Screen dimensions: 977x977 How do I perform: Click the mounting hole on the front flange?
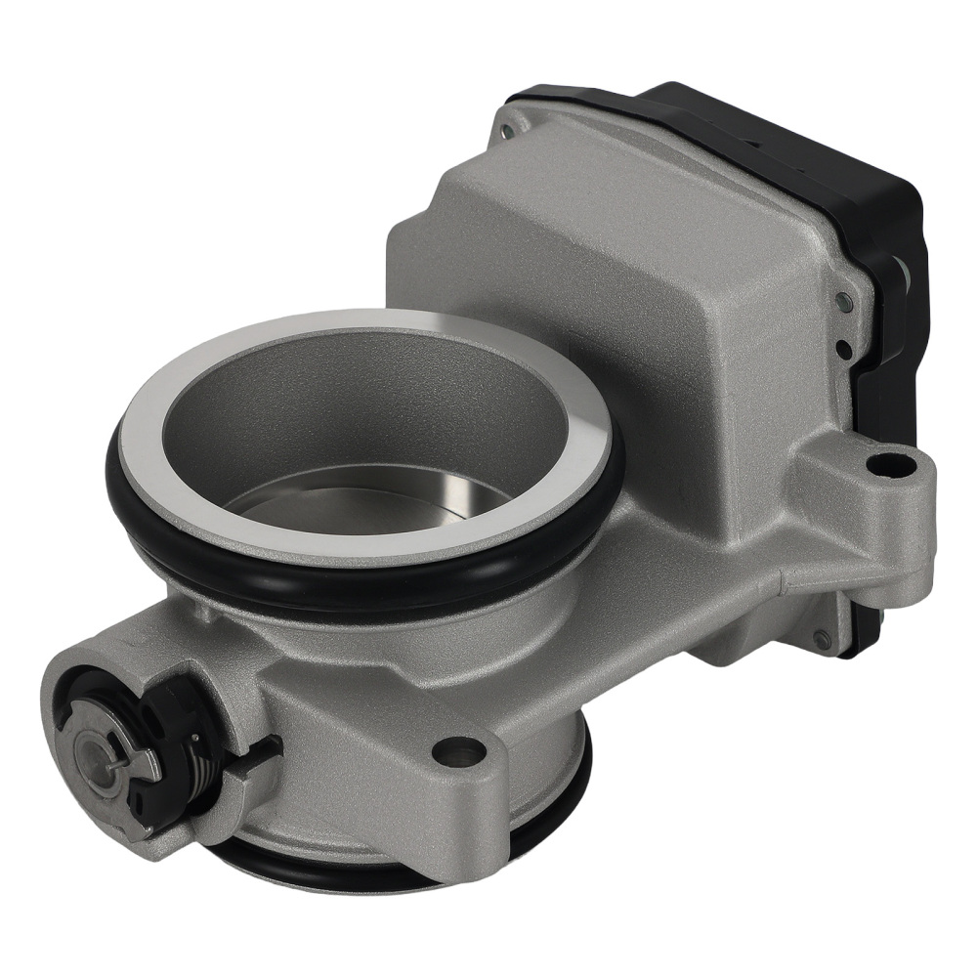[x=457, y=751]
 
